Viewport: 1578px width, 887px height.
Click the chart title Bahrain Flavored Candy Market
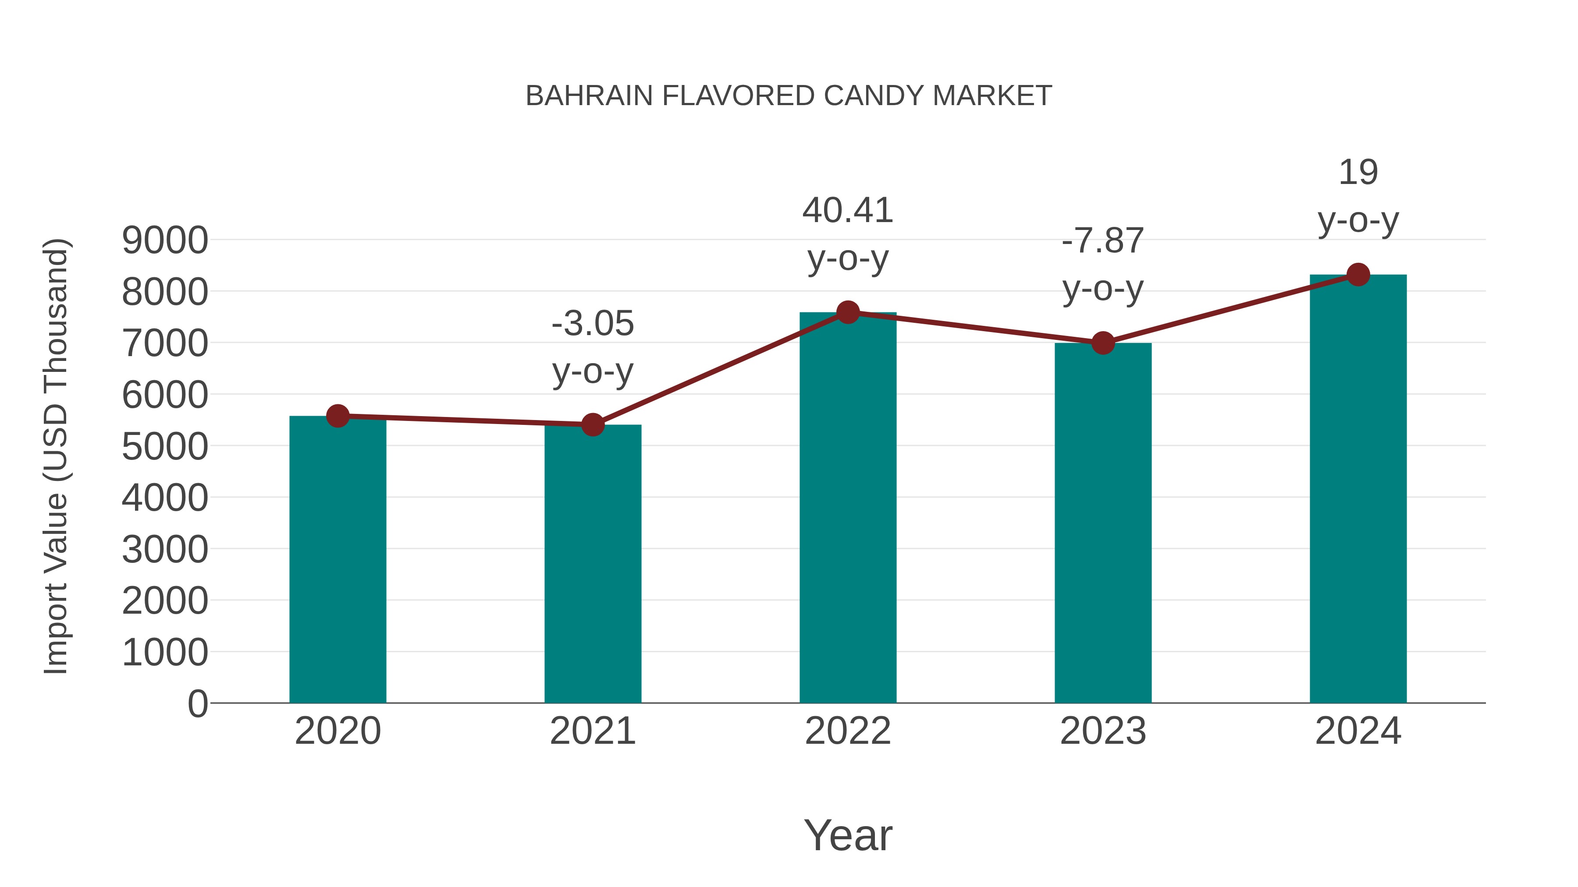tap(789, 96)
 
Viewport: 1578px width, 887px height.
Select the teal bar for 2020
tap(338, 560)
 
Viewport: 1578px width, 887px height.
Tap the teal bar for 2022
tap(848, 508)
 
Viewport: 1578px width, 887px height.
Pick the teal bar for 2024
tap(1358, 490)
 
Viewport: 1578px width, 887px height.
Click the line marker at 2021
tap(592, 424)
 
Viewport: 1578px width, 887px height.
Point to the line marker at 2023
tap(1103, 343)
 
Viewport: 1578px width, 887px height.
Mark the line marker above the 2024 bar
tap(1358, 275)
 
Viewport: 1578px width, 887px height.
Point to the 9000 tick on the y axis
tap(165, 240)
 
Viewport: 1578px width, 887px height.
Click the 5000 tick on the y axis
tap(165, 446)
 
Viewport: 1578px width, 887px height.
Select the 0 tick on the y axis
tap(197, 704)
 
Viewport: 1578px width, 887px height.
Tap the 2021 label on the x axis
tap(592, 731)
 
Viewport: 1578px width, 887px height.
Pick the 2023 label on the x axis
tap(1103, 731)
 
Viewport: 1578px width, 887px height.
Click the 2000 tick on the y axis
tap(165, 601)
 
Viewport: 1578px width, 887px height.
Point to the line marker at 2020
tap(338, 416)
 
